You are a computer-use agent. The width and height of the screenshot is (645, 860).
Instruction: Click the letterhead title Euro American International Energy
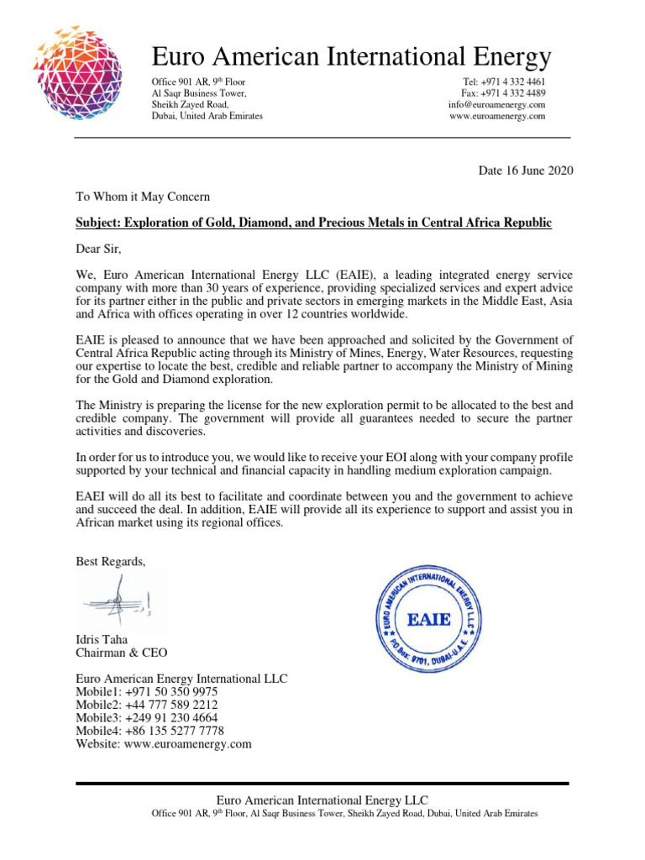point(351,56)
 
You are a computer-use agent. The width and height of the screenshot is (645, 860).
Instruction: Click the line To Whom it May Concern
point(143,197)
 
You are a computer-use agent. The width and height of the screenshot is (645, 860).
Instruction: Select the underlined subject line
point(314,223)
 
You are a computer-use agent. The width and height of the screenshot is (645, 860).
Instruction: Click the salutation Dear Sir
point(104,249)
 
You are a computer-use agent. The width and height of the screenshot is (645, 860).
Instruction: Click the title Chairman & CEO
point(122,653)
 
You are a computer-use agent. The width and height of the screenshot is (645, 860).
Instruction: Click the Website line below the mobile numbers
point(164,743)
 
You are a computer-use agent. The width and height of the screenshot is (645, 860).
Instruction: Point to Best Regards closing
point(111,561)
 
